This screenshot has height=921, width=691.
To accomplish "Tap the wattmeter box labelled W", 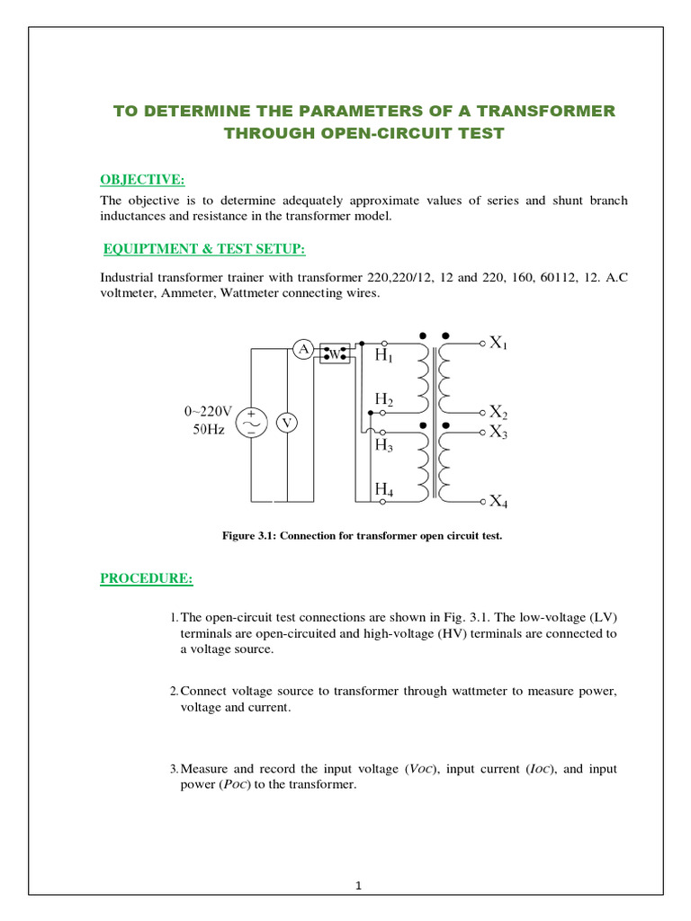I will tap(334, 353).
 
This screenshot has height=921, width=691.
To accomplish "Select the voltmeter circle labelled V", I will tap(287, 422).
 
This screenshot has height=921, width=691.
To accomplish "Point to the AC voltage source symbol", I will tap(249, 422).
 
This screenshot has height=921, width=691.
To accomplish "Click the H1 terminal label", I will tap(384, 356).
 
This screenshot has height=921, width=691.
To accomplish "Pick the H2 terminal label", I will tap(384, 398).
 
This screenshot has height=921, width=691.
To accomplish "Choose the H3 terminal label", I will tap(384, 445).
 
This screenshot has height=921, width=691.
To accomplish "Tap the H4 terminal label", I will tap(384, 489).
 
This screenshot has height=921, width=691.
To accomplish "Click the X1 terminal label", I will tap(498, 343).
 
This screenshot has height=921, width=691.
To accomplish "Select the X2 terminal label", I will tap(498, 413).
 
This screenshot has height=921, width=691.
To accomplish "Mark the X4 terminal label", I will tap(498, 502).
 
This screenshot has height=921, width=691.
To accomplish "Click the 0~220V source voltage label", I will tap(209, 411).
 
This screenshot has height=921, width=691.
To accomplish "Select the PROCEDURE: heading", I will tap(146, 577).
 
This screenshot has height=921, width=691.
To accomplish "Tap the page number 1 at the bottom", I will tap(358, 886).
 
